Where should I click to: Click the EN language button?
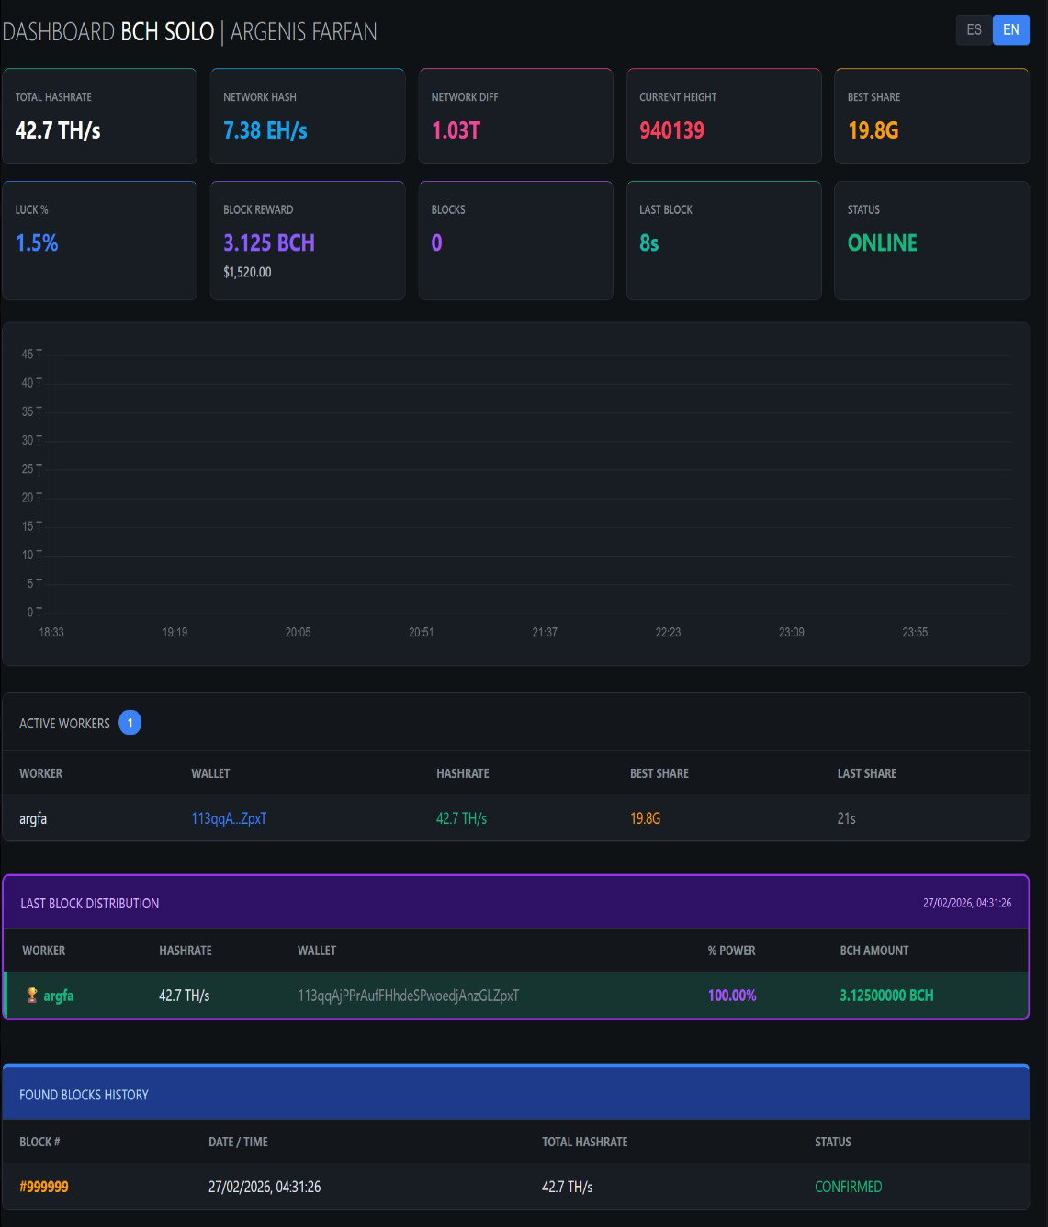point(1010,29)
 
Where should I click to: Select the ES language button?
point(974,29)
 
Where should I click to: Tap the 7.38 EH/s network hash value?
point(265,130)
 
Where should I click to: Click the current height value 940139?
point(671,130)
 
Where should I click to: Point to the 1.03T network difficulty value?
point(456,130)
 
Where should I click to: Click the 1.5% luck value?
point(37,242)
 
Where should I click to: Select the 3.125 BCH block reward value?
point(269,242)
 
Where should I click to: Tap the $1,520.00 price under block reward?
point(247,272)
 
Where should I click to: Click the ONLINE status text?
point(882,242)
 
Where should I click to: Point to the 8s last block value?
point(649,242)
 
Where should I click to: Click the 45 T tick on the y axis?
point(31,355)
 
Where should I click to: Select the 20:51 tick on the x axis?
point(421,632)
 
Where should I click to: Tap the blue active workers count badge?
point(130,723)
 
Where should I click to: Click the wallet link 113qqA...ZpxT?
point(229,818)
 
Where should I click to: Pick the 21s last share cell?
point(846,818)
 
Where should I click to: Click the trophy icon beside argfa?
point(32,995)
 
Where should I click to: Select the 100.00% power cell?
point(731,996)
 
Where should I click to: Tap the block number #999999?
point(44,1187)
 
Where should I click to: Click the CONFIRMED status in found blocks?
point(848,1187)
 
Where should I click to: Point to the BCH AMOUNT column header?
point(874,951)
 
